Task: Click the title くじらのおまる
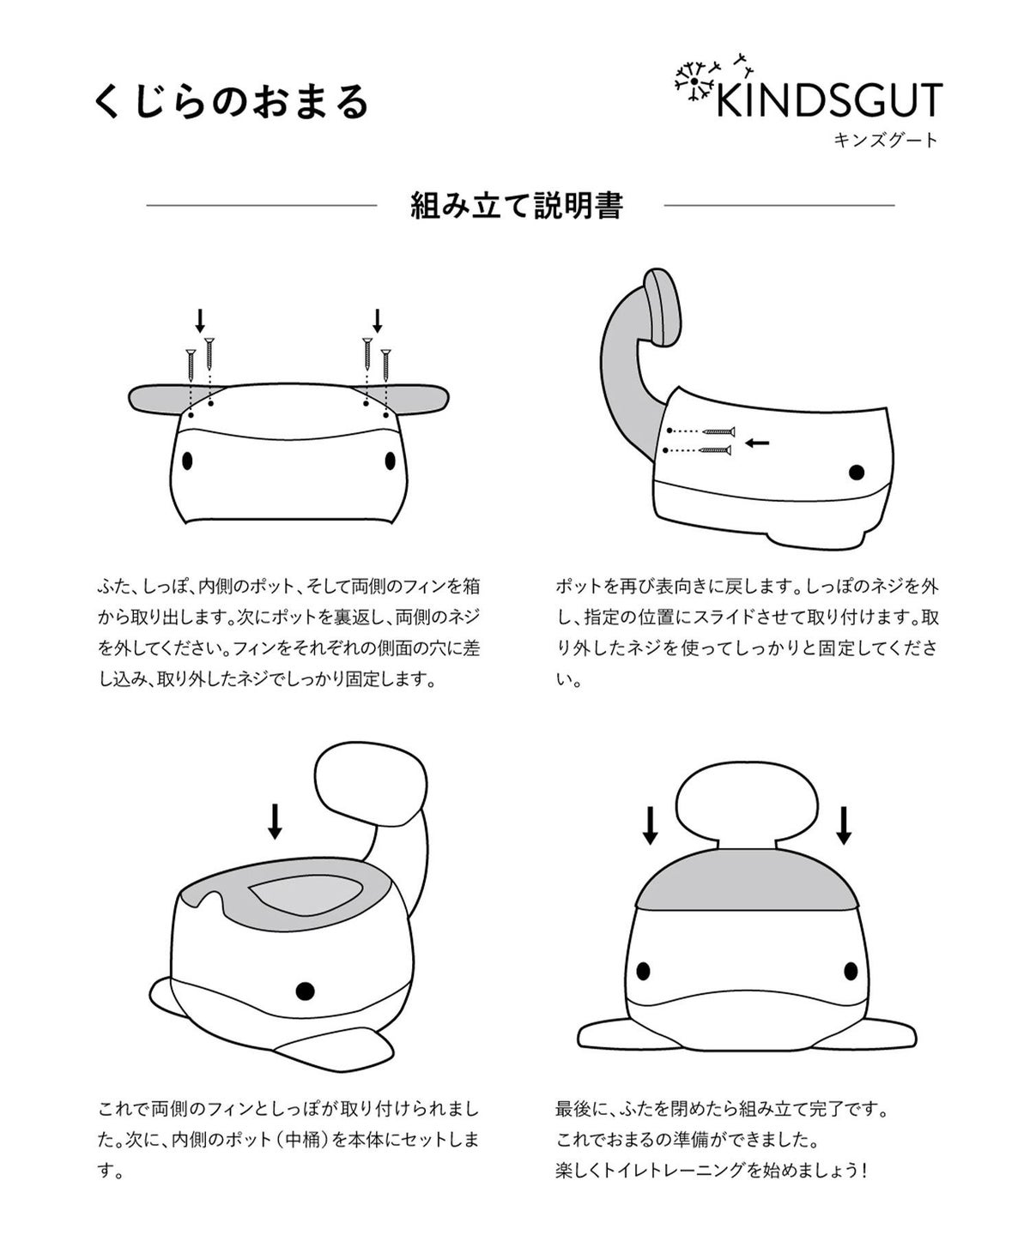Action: [x=232, y=102]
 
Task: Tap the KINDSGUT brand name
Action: [x=829, y=100]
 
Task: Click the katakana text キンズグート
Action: [x=886, y=140]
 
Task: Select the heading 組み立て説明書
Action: [x=517, y=206]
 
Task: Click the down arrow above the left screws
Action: [x=200, y=321]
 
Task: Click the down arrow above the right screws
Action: [x=377, y=321]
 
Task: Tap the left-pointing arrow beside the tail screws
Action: [x=756, y=443]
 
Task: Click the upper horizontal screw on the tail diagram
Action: [x=718, y=431]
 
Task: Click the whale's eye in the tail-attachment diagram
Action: [x=857, y=473]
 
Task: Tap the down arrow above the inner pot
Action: [x=275, y=821]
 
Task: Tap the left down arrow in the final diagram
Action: [x=650, y=826]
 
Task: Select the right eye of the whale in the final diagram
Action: [x=851, y=971]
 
